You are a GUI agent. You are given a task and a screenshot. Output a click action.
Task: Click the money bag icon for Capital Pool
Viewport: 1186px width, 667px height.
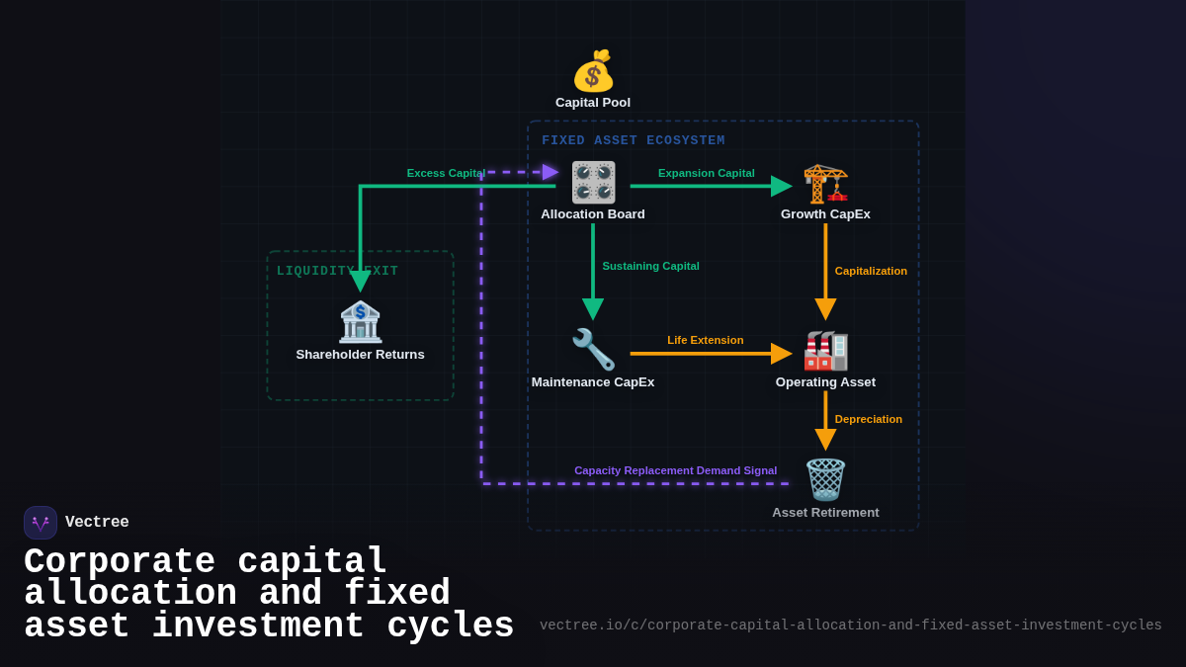coord(593,71)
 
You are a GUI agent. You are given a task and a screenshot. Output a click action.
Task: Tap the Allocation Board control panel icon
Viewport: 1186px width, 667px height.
coord(593,183)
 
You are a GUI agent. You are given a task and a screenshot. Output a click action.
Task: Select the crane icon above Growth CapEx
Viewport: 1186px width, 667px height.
coord(825,183)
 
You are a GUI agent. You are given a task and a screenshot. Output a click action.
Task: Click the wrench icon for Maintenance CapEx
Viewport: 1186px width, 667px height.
coord(593,350)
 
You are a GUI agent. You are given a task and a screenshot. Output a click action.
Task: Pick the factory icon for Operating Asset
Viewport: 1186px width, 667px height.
coord(825,351)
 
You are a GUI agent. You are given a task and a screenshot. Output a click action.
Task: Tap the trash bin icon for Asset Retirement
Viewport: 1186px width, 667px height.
coord(825,480)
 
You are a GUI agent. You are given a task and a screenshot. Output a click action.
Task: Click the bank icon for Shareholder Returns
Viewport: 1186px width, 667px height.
coord(360,322)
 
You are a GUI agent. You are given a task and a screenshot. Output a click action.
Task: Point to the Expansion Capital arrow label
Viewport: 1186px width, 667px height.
coord(706,173)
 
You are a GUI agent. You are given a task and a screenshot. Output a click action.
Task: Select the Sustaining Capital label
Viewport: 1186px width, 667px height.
coord(650,266)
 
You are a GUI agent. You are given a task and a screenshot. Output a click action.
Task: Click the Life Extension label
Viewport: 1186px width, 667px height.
coord(705,340)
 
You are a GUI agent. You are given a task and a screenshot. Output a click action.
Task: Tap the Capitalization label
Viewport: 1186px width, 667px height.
coord(871,271)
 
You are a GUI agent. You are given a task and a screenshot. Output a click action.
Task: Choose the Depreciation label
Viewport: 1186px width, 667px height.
coord(868,419)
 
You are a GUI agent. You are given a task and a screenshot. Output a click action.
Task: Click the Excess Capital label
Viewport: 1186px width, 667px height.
coord(446,173)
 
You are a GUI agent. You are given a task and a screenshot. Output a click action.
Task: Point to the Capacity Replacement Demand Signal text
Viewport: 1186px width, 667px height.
coord(675,470)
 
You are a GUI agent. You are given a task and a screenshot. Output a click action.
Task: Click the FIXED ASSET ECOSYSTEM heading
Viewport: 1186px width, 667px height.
coord(633,140)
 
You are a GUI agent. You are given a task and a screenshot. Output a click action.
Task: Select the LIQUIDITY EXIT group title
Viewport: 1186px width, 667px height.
coord(337,271)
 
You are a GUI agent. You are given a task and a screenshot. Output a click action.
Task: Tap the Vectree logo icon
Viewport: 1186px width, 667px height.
coord(41,523)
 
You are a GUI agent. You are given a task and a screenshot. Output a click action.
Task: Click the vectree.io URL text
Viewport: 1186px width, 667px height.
coord(850,625)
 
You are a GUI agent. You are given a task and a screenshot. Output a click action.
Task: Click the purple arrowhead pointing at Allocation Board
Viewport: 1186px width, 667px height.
coord(551,172)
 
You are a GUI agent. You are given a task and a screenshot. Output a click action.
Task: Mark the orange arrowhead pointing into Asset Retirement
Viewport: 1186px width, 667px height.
coord(825,440)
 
